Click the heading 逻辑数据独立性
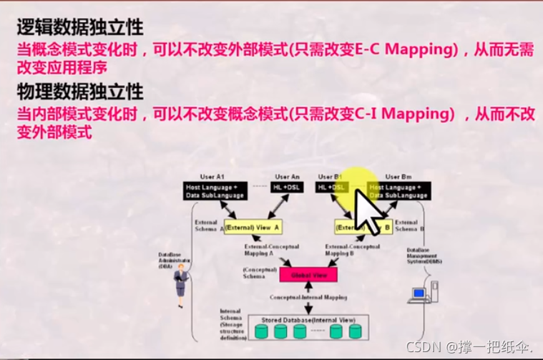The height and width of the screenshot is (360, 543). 80,28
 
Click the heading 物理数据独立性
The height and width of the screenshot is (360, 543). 80,92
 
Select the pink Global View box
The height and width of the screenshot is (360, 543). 308,273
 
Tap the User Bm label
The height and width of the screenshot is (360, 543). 398,177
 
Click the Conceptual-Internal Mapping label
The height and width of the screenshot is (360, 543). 307,296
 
